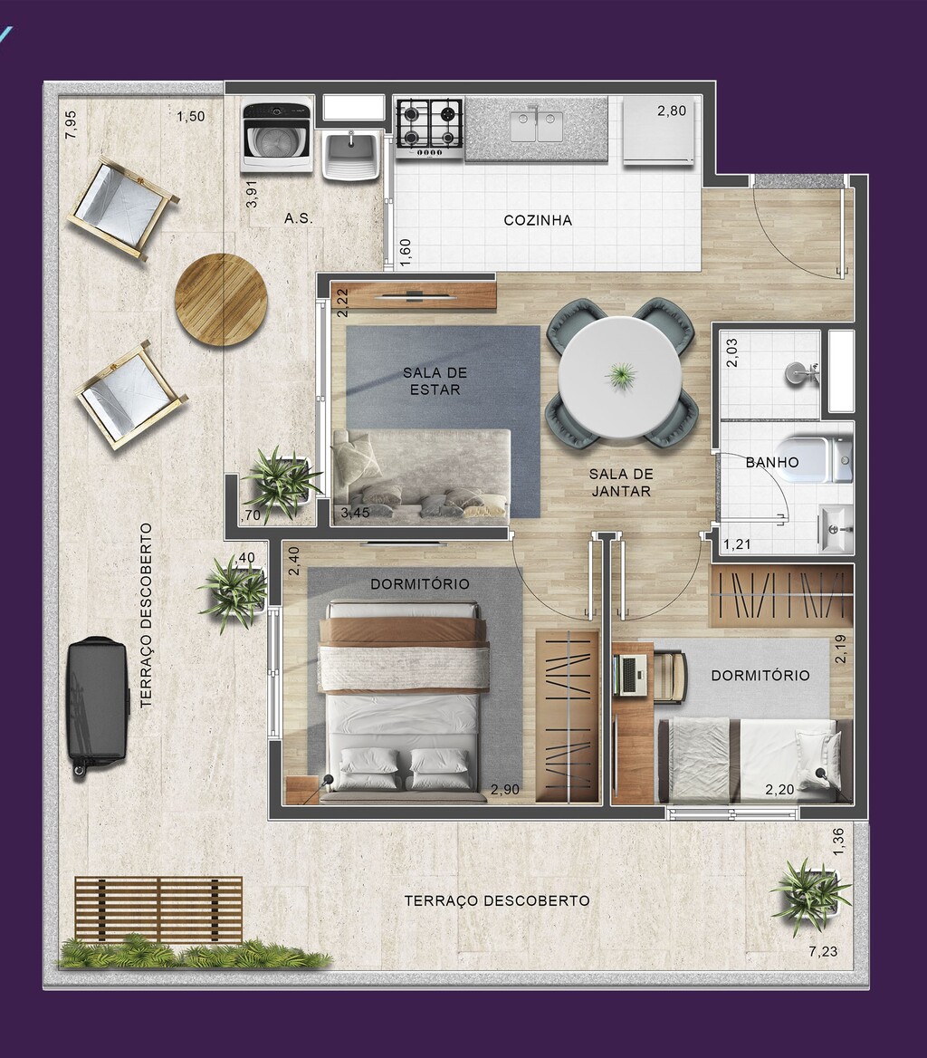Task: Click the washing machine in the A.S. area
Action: click(276, 137)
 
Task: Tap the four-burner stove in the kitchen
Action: click(429, 126)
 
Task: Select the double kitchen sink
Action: click(537, 126)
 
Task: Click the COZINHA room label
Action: click(538, 220)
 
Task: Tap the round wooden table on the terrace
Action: click(221, 299)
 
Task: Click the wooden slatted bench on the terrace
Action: click(158, 909)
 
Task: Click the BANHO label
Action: click(772, 462)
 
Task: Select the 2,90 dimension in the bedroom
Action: click(504, 790)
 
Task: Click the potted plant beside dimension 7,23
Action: click(809, 892)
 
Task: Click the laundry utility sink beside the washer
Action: click(350, 154)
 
